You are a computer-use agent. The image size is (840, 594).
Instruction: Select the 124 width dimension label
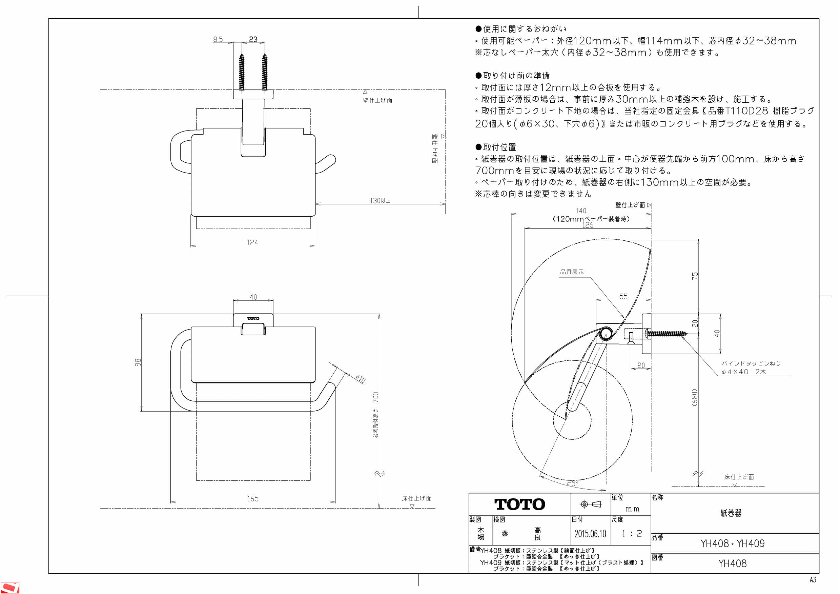click(x=252, y=242)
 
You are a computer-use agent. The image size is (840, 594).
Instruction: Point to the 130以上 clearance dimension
click(x=380, y=201)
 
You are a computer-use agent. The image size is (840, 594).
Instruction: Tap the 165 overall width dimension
click(x=252, y=498)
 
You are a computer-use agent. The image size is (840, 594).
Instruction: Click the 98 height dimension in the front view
click(x=138, y=362)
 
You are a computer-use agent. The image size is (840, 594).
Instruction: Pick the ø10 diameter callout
click(x=361, y=378)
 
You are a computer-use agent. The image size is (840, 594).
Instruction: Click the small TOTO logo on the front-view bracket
click(x=253, y=318)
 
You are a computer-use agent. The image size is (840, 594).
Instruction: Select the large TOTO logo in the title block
click(x=519, y=504)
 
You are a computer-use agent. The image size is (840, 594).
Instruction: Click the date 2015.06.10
click(x=590, y=533)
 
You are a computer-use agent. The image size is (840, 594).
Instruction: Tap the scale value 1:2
click(x=632, y=533)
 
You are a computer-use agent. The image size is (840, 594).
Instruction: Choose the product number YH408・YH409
click(x=733, y=543)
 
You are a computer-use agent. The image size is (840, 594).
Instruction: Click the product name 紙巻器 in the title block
click(x=731, y=513)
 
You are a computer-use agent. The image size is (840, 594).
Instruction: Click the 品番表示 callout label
click(x=572, y=272)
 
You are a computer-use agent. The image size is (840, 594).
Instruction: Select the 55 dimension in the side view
click(x=623, y=296)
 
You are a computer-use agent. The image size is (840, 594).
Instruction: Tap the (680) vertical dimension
click(x=694, y=397)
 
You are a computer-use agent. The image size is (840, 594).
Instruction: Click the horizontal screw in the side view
click(x=667, y=333)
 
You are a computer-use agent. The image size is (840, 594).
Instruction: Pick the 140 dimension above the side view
click(x=580, y=211)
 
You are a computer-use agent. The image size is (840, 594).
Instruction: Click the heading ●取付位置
click(x=496, y=147)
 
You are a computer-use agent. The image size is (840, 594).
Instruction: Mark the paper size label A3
click(x=813, y=580)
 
